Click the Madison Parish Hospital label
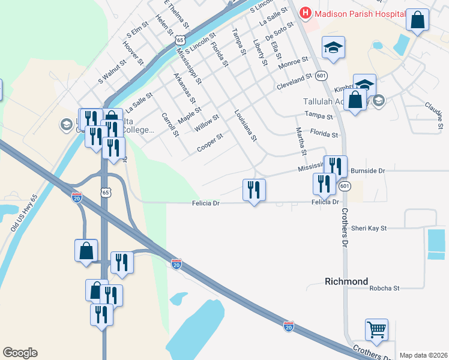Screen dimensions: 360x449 tap(354, 13)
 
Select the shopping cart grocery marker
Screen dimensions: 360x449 tap(376, 329)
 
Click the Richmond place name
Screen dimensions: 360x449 tap(346, 281)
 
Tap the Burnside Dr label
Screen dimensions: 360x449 tap(367, 171)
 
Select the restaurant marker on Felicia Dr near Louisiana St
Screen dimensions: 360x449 tap(254, 190)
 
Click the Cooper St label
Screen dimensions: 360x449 tap(210, 143)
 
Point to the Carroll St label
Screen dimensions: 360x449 tap(170, 124)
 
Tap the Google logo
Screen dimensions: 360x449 tap(20, 353)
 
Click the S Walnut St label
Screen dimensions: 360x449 tap(112, 71)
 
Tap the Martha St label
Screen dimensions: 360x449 tap(301, 139)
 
